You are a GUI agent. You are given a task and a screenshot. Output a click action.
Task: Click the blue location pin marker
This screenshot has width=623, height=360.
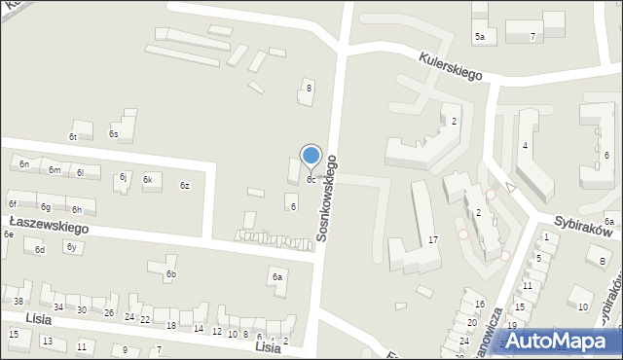coord(311,156)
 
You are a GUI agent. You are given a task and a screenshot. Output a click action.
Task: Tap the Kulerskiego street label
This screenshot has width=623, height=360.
coord(452,66)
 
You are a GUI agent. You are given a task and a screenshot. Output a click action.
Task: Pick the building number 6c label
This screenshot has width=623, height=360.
coord(311,180)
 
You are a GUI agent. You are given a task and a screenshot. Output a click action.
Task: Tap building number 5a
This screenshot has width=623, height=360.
coord(480,37)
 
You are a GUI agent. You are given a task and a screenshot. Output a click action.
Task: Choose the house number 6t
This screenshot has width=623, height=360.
coord(73,137)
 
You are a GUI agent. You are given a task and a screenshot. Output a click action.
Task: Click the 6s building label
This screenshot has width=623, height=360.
coord(114,134)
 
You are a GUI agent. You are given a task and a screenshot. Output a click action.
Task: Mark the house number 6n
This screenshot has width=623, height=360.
coord(23,164)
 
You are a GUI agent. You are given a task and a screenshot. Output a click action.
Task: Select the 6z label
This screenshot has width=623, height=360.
coord(184,186)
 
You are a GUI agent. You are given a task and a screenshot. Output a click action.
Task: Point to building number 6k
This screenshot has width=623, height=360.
coord(148,180)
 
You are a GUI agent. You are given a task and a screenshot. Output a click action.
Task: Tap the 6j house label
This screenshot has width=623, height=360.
coord(124,177)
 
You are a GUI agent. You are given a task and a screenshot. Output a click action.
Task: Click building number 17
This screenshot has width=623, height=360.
coord(433,239)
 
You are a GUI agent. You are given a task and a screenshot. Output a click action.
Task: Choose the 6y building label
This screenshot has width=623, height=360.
coord(71,247)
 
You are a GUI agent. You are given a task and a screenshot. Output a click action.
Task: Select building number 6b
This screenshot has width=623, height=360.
coord(170,275)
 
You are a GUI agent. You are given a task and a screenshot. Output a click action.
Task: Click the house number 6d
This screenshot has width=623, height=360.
coord(40,250)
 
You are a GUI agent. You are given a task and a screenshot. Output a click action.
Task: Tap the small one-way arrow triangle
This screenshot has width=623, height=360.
coord(509,187)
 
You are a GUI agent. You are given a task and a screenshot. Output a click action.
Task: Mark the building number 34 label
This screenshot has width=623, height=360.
coord(58,307)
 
